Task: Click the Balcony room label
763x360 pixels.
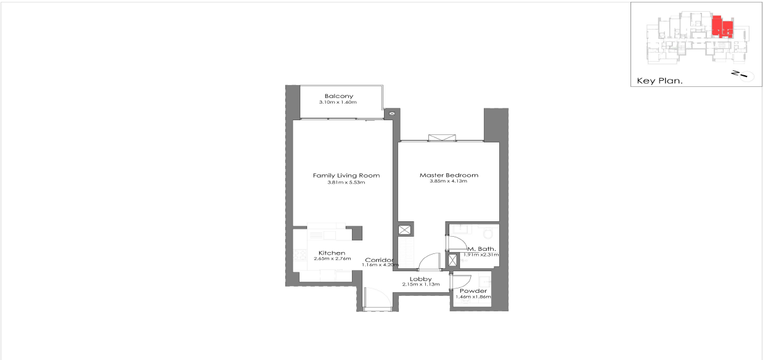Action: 338,96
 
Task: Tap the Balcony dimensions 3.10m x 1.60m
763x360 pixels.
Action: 338,102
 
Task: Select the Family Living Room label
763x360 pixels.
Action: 346,176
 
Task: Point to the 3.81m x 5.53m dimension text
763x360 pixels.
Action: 346,182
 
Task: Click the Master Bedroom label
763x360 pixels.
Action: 449,175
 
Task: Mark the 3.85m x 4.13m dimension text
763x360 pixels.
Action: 449,181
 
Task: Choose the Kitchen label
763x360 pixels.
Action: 332,253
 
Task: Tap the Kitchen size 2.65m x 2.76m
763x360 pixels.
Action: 332,259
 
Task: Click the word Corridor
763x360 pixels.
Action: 378,260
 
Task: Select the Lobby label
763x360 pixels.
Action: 420,279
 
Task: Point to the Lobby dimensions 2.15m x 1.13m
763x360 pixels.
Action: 420,285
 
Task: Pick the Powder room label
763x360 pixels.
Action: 473,291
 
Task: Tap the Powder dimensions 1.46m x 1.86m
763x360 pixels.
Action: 473,297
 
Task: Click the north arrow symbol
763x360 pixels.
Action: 740,75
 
